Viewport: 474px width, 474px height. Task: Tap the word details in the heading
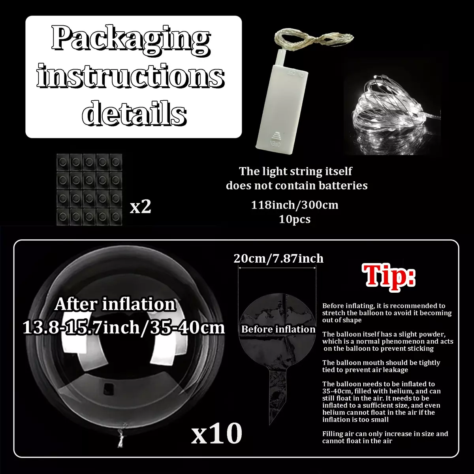(134, 113)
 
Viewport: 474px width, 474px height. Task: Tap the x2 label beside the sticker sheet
(140, 207)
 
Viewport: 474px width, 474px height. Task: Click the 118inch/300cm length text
(295, 205)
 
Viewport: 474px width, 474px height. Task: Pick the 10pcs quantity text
(295, 219)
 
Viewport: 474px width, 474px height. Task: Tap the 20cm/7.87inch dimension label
(278, 258)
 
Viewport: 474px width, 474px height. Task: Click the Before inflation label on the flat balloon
(278, 329)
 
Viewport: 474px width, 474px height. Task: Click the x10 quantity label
(216, 433)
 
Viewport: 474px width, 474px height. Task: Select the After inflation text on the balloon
(115, 304)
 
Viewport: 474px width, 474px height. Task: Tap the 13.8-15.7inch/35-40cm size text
(124, 327)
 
